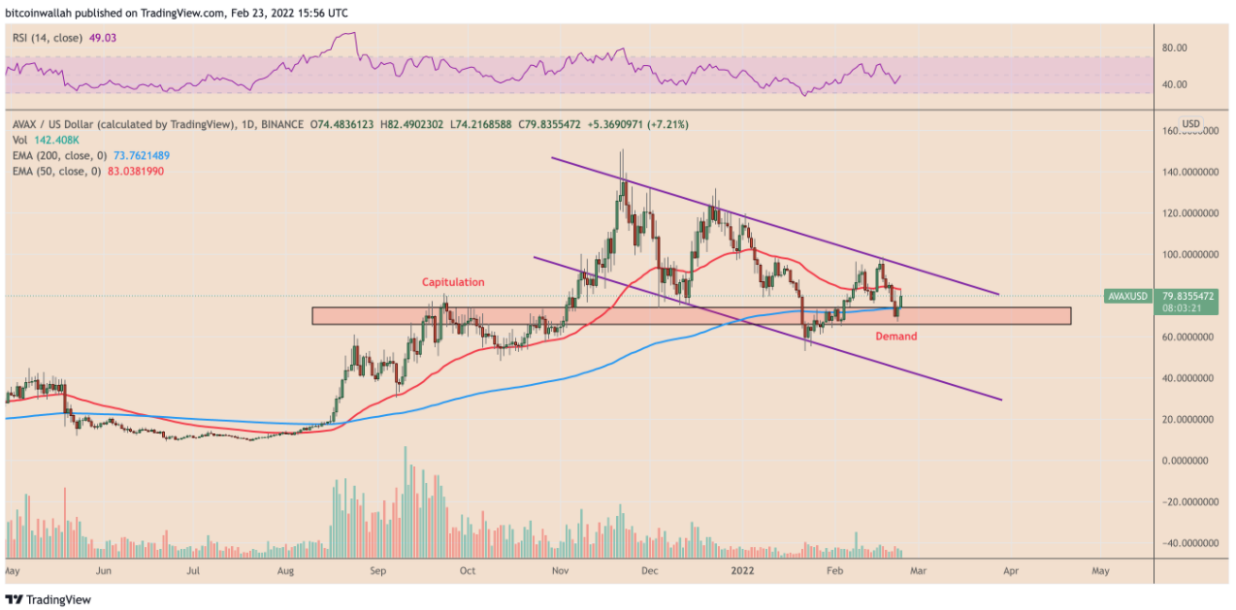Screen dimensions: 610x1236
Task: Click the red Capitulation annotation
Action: (452, 282)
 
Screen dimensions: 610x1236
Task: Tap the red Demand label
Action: (895, 337)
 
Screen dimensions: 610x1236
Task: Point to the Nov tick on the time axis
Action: (560, 572)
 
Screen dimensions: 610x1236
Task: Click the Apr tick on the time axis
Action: (1009, 572)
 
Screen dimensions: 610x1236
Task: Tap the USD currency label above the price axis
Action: (1190, 124)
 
